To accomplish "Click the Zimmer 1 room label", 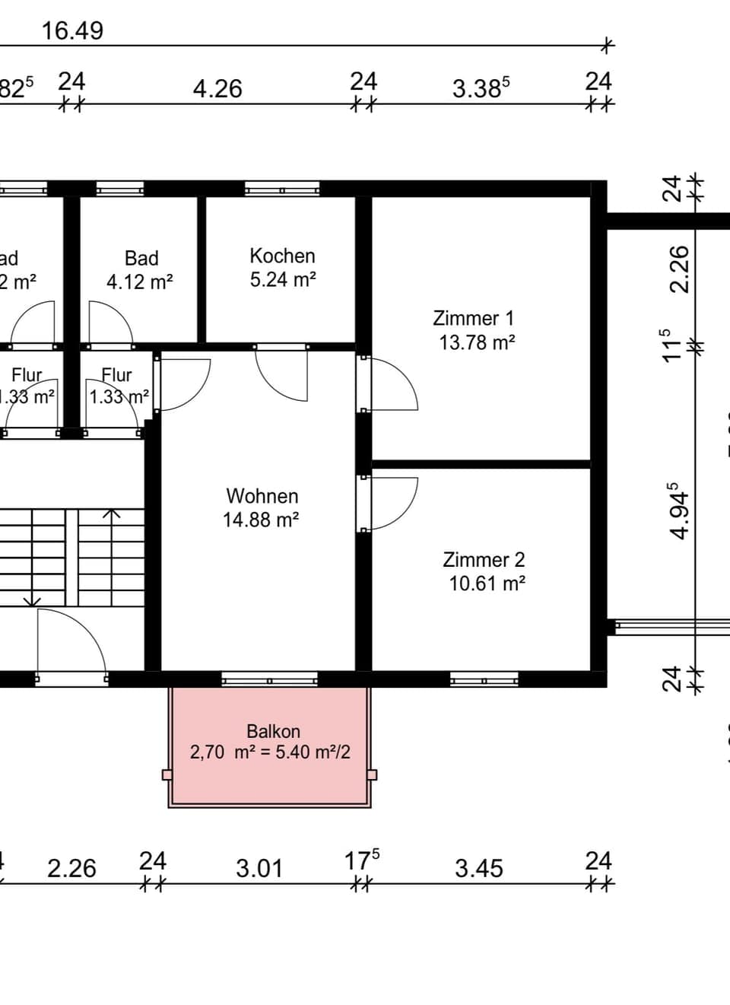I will click(473, 318).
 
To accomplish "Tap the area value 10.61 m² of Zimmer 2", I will click(487, 584).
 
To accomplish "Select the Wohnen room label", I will click(262, 496).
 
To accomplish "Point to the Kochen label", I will click(282, 256).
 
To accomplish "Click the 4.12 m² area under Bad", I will click(139, 282).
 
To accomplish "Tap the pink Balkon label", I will click(273, 731).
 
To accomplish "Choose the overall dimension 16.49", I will click(72, 31).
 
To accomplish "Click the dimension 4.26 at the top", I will click(217, 89).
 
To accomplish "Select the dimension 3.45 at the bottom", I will click(478, 868).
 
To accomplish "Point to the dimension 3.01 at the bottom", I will click(259, 868).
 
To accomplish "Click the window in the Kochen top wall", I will click(281, 189).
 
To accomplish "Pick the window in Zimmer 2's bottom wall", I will click(484, 679).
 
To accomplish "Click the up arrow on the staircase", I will click(112, 514).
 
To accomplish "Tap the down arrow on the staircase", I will click(32, 601).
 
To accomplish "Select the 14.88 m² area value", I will click(260, 520).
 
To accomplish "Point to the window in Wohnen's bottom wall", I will click(269, 679).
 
